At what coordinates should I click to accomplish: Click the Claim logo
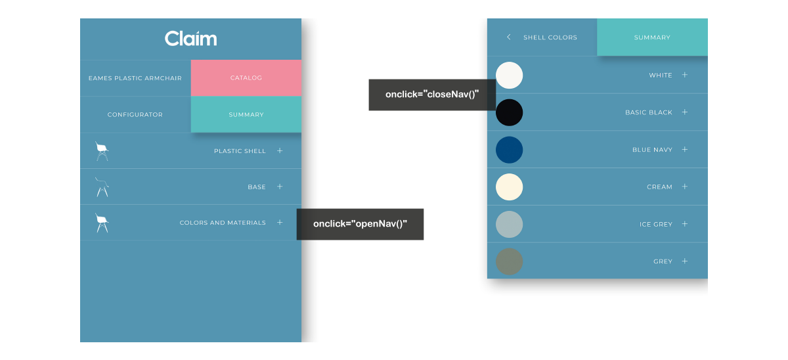190,38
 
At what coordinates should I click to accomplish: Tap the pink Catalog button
246,78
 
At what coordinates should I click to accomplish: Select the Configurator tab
135,115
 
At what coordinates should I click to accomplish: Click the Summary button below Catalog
246,114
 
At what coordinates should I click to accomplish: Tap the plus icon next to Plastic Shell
280,150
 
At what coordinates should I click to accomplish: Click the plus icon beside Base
280,187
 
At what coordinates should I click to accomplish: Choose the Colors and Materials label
223,223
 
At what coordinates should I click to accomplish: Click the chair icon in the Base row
102,187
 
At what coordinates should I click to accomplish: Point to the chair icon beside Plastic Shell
102,151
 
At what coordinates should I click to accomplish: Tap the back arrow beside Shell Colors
509,37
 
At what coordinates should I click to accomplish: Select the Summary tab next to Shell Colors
652,37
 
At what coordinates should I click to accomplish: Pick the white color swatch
509,76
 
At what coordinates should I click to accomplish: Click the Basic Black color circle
509,112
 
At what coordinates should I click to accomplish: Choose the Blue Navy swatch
509,150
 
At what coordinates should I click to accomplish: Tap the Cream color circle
509,187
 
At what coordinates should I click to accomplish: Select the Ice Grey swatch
509,224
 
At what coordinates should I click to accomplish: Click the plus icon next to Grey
684,261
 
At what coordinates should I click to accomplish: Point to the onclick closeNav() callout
432,95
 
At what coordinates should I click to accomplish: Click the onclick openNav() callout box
360,224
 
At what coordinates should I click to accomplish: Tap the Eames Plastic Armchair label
135,78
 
